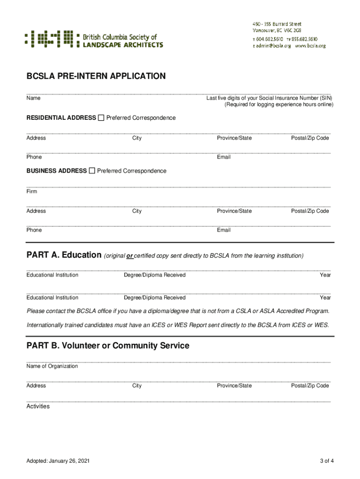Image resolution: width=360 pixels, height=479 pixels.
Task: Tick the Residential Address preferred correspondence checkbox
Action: (x=101, y=117)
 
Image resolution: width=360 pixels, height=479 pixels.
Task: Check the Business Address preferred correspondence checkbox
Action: (x=92, y=171)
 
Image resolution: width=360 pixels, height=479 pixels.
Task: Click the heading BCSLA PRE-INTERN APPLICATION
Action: (x=96, y=76)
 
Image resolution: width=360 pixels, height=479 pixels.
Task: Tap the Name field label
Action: (x=33, y=98)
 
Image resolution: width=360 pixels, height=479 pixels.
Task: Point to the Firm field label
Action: (x=32, y=192)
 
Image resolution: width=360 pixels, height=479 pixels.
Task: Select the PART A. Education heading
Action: (x=64, y=255)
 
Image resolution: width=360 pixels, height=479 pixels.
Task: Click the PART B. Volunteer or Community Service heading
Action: (x=108, y=346)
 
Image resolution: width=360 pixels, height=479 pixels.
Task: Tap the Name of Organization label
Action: (x=52, y=366)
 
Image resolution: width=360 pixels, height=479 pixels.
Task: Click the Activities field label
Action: (x=38, y=406)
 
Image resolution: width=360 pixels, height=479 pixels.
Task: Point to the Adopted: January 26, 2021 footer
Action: (x=58, y=461)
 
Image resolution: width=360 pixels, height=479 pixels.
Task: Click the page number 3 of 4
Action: (x=327, y=461)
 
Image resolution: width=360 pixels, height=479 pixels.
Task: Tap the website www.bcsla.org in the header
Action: (x=310, y=46)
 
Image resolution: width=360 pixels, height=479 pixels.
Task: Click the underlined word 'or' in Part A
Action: (x=130, y=256)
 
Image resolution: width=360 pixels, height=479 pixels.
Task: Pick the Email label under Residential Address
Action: (x=223, y=157)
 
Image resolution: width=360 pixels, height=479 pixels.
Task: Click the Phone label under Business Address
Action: (x=34, y=230)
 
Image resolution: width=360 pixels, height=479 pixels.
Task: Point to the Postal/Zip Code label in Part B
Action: (x=310, y=386)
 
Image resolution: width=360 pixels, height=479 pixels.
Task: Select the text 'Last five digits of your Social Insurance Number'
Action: (x=262, y=98)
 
